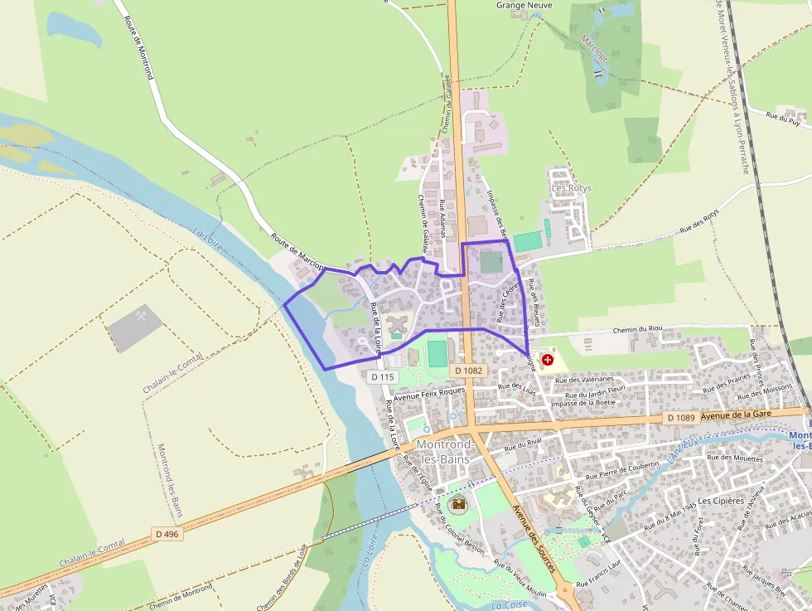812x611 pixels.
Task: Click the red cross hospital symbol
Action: coord(548,360)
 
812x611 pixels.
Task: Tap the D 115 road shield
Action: coord(383,376)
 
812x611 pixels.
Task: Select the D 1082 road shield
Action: coord(468,370)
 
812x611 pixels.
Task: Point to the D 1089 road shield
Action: coord(680,418)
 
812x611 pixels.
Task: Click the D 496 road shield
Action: coord(167,533)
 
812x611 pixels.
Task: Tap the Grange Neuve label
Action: coord(524,5)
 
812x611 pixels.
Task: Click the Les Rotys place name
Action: coord(572,188)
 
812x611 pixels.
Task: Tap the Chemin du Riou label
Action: coord(639,330)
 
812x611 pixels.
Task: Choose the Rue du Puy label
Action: coord(783,119)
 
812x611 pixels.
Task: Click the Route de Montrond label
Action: coord(139,48)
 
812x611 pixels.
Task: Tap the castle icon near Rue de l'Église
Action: coord(457,504)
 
